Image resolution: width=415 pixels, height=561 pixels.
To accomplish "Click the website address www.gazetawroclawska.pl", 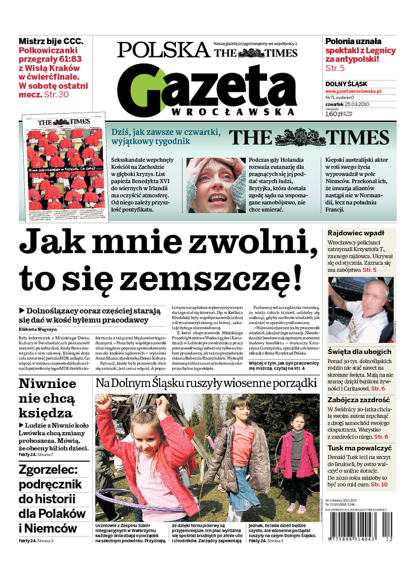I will [353, 91].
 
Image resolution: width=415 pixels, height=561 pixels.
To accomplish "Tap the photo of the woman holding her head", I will [215, 185].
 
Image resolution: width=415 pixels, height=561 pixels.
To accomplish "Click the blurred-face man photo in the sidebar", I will [360, 311].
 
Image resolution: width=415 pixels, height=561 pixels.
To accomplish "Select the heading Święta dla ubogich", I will [359, 352].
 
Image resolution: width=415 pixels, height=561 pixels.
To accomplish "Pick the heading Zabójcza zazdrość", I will [358, 400].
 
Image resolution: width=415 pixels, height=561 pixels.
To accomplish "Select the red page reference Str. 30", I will [56, 95].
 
